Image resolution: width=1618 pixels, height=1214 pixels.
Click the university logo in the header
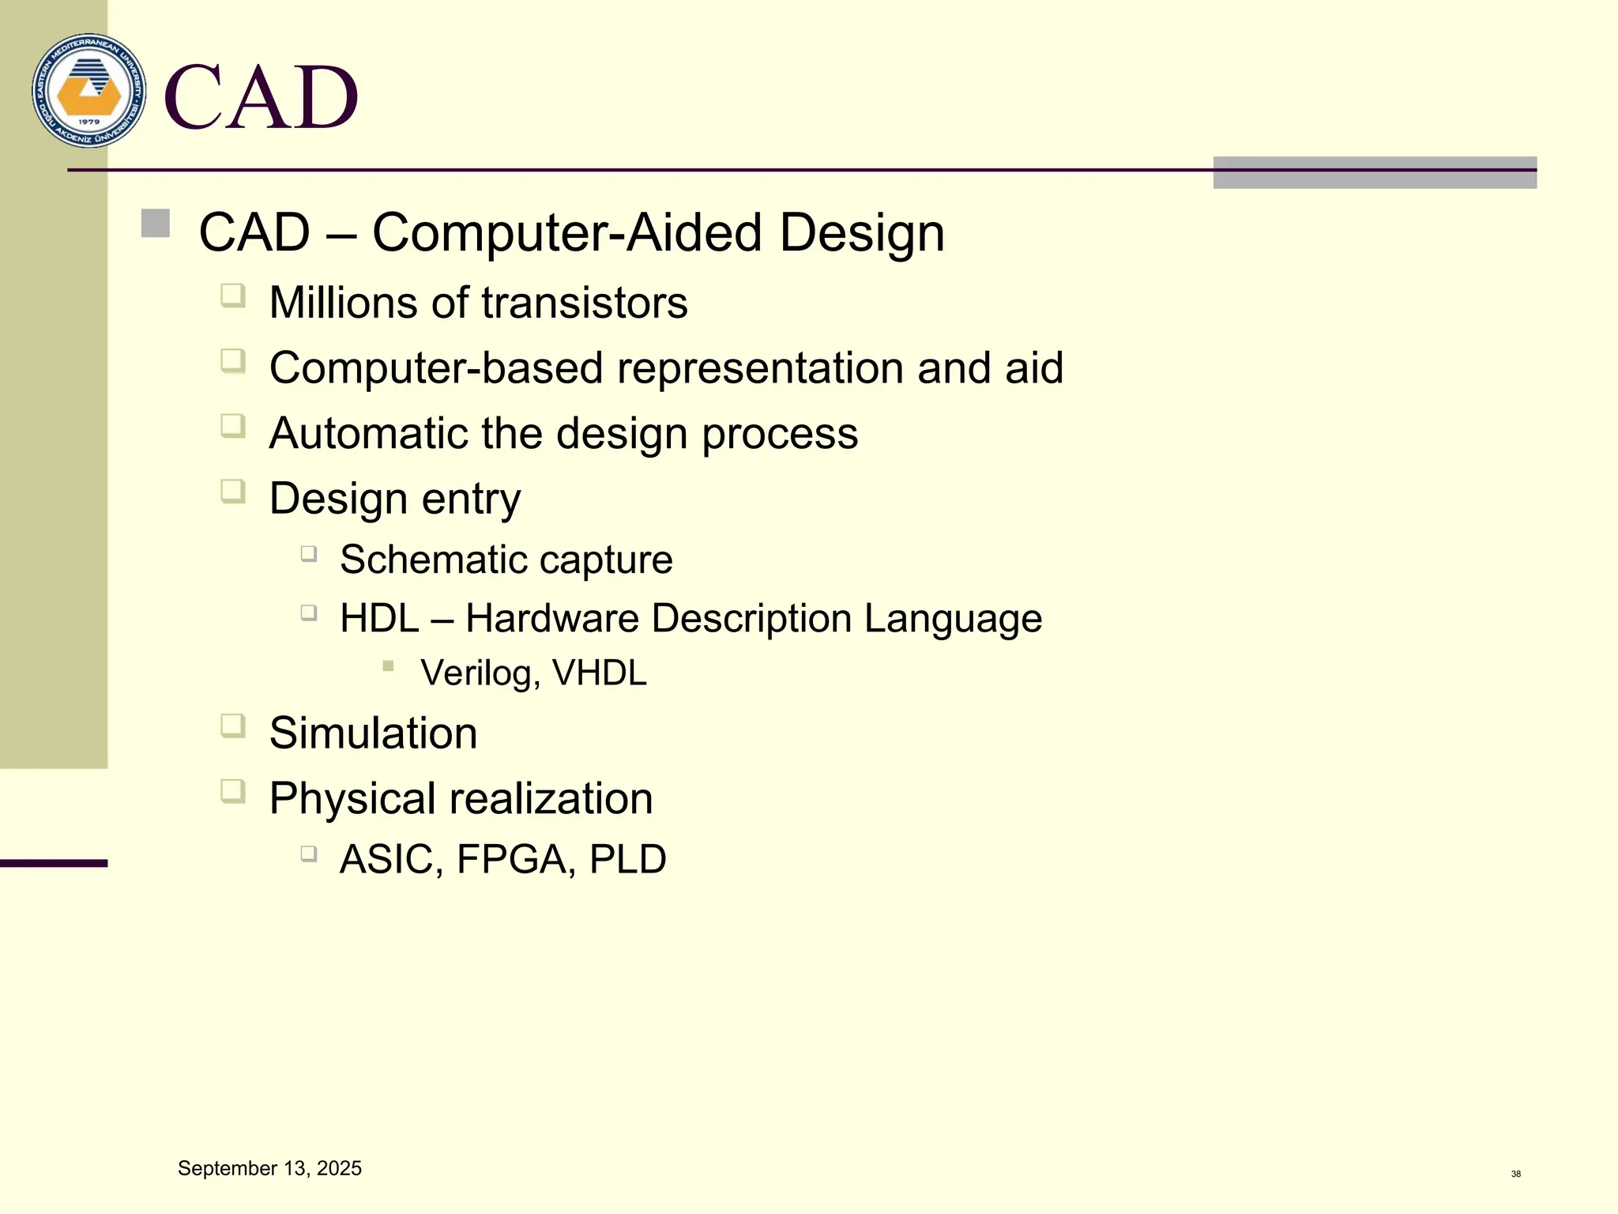point(89,90)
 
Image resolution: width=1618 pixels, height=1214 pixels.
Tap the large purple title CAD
point(261,97)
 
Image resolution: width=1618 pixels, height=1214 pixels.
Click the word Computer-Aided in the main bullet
point(566,233)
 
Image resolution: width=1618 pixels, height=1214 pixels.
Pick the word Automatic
point(368,433)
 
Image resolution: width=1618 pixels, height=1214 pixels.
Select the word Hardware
point(551,618)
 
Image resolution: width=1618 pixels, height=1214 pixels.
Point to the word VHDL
point(599,673)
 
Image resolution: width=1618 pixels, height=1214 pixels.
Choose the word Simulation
point(373,733)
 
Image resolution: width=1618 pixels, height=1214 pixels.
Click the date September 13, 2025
point(269,1168)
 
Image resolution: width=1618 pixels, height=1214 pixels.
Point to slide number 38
point(1515,1174)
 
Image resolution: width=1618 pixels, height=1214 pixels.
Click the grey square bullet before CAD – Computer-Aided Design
point(156,223)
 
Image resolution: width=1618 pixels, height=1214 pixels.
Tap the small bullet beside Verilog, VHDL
point(388,666)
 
